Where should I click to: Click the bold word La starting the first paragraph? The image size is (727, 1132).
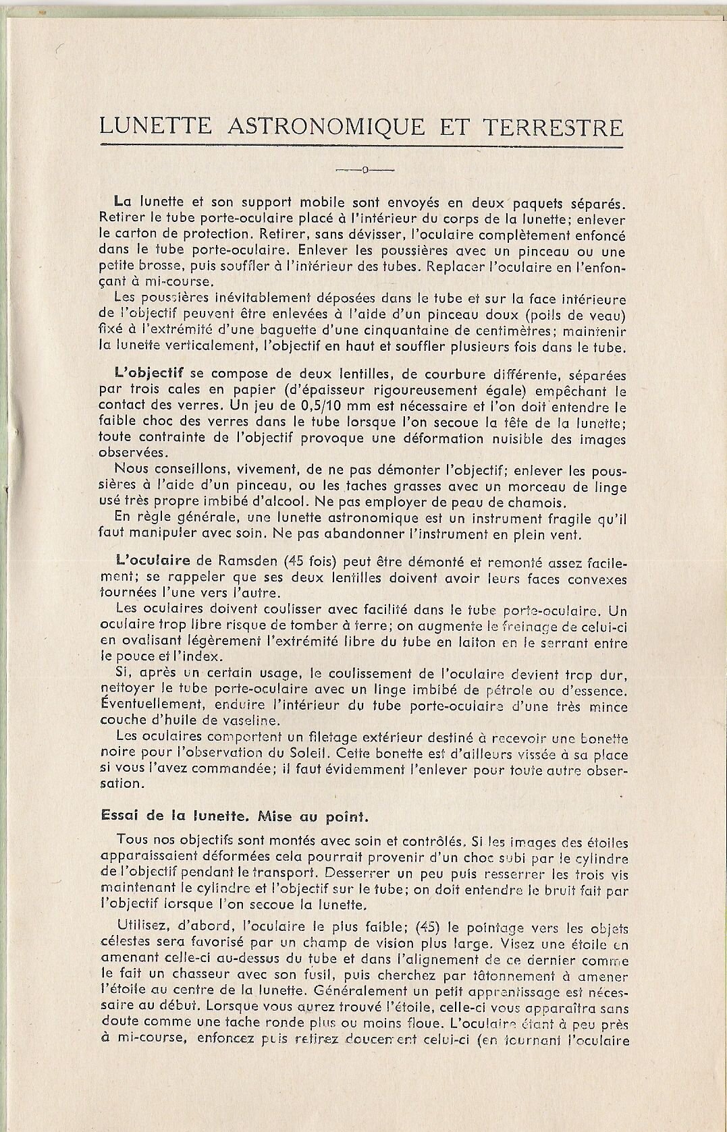click(124, 201)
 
